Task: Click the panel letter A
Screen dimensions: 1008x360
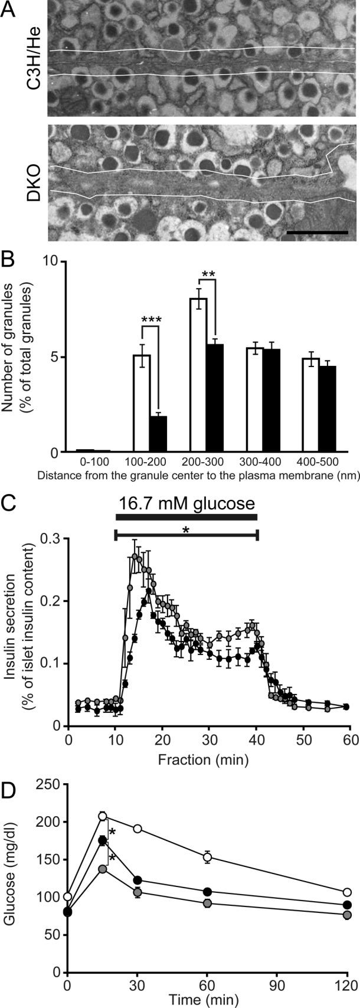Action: pyautogui.click(x=9, y=11)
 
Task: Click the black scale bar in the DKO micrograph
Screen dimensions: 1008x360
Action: pyautogui.click(x=317, y=233)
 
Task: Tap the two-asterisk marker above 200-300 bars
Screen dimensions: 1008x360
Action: pyautogui.click(x=208, y=274)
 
